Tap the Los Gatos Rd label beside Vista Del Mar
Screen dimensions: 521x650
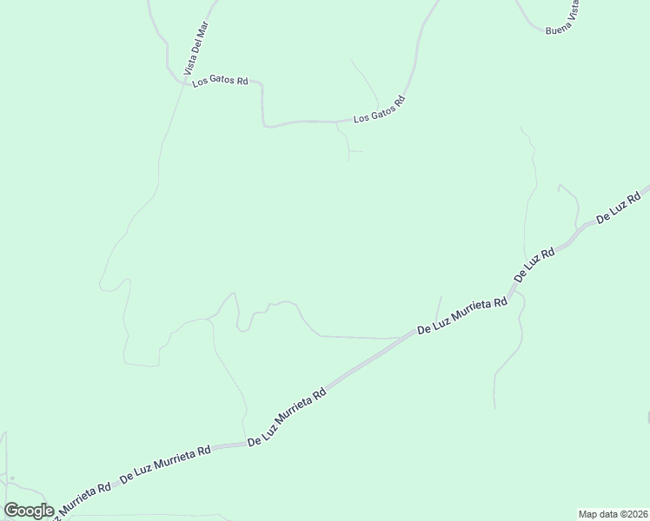[x=221, y=81]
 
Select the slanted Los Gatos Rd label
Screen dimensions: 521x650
[x=380, y=110]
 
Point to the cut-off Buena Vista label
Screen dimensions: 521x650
[x=562, y=22]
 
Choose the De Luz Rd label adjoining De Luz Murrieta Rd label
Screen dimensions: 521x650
[x=534, y=265]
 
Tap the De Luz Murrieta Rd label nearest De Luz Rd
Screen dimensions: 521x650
[x=462, y=316]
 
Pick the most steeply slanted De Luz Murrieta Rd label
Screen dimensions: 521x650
[x=287, y=417]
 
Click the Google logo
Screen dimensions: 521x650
[x=29, y=511]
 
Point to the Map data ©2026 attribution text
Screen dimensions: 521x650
[x=613, y=513]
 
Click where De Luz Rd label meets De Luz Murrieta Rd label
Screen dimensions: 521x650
[x=514, y=285]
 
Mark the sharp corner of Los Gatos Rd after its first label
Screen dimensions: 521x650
[x=262, y=87]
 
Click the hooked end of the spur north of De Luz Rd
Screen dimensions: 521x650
[x=560, y=186]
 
